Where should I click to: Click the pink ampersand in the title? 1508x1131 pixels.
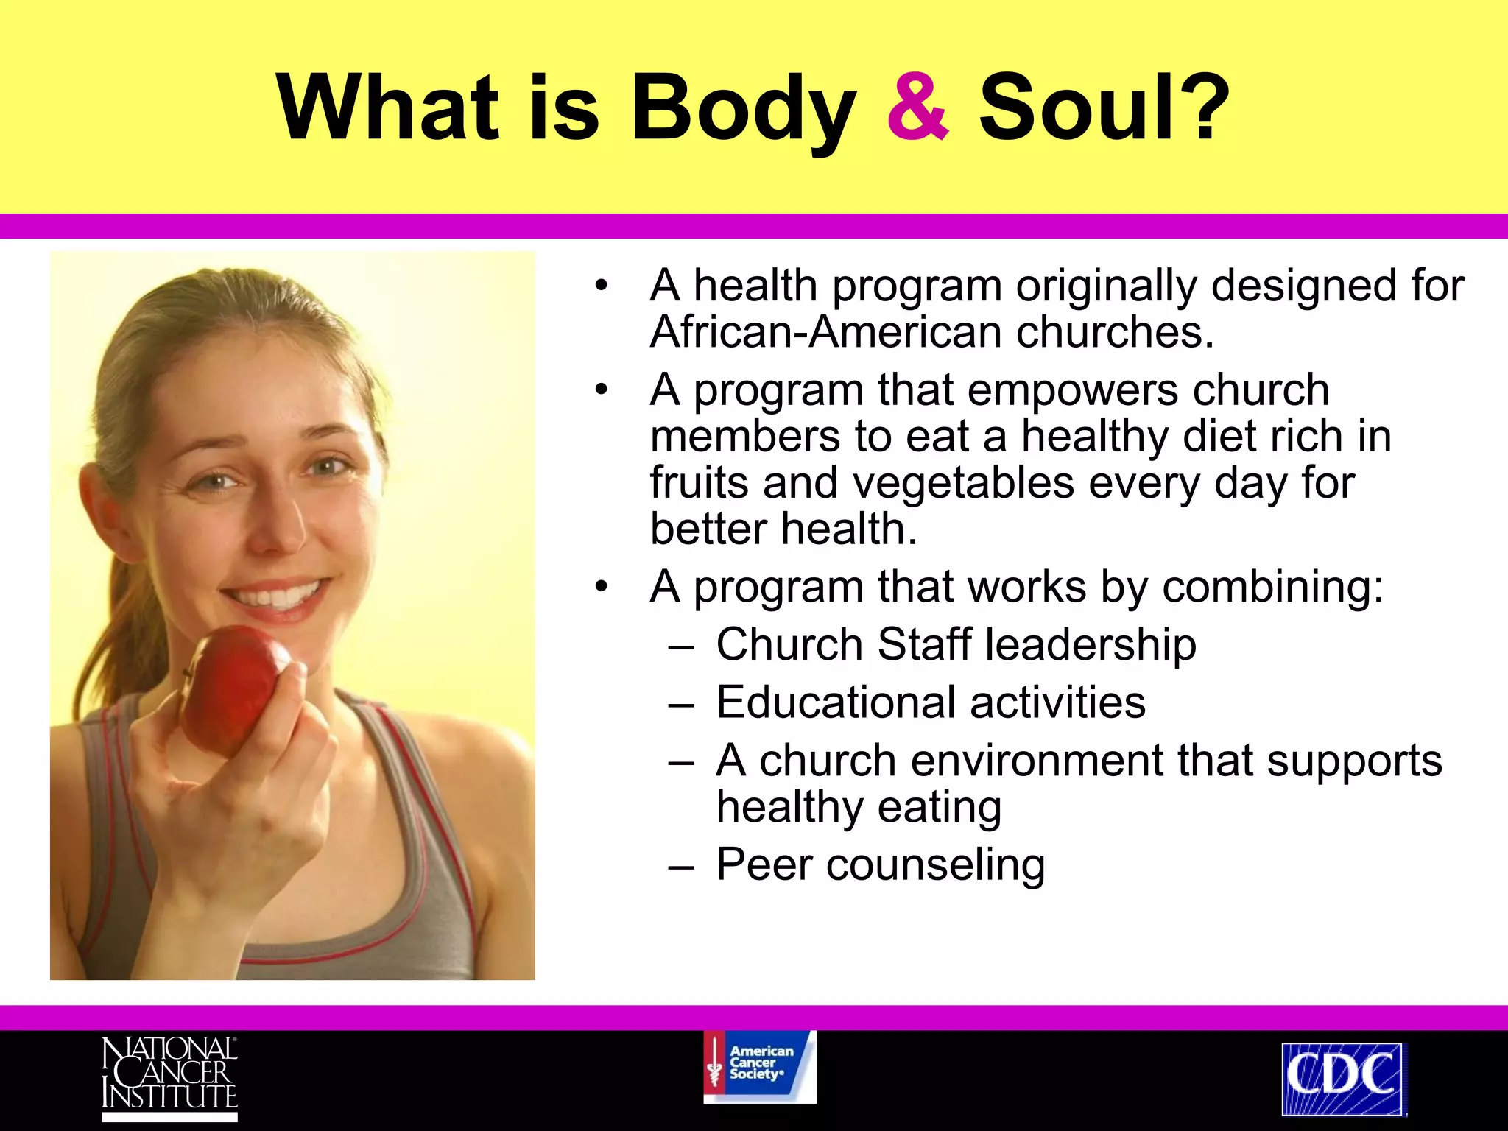[917, 108]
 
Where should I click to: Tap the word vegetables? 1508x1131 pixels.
[964, 484]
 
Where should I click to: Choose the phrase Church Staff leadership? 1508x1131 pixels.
[955, 645]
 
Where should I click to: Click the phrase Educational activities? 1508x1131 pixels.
[930, 702]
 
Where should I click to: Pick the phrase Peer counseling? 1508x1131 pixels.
[880, 864]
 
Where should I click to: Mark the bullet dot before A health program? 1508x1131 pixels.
[602, 286]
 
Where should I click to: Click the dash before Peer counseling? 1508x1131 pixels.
[681, 866]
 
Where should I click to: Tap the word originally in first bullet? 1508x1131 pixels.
[1107, 286]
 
